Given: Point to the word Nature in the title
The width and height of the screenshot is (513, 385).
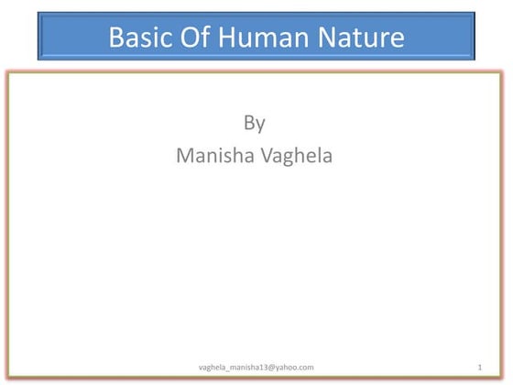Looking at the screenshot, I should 362,38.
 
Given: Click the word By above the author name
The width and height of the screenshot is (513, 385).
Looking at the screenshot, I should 255,123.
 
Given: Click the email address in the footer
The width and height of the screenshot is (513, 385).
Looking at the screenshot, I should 256,367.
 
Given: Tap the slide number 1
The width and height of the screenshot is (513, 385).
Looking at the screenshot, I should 479,367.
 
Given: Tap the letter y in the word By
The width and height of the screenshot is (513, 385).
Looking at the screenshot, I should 261,125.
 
